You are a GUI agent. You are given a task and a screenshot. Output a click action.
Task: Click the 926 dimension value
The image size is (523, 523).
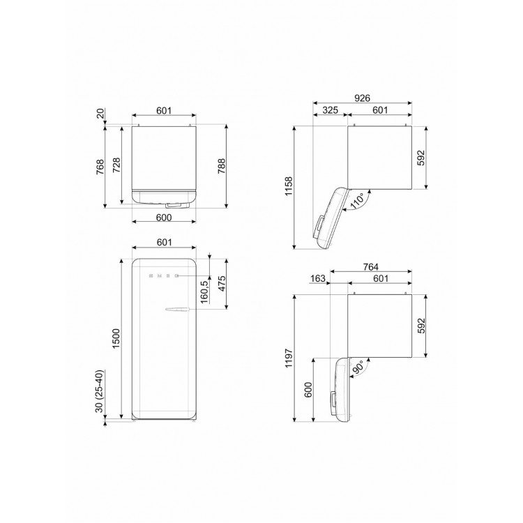tap(362, 98)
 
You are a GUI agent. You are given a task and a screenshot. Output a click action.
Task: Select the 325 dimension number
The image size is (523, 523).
tap(331, 109)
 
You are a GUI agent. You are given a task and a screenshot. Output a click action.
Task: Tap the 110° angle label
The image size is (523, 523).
tap(356, 201)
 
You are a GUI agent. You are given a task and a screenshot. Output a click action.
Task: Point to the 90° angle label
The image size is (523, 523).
tap(358, 368)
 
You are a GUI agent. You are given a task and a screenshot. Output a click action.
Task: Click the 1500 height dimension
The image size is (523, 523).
tap(116, 338)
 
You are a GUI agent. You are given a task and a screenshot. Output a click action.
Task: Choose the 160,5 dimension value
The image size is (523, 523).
tap(204, 291)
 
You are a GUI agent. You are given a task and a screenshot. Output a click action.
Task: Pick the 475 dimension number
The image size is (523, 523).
tap(222, 284)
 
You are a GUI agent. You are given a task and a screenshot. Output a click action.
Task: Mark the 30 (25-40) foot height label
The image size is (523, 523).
tap(100, 391)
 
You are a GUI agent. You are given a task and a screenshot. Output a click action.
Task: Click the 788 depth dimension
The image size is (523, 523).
tap(222, 166)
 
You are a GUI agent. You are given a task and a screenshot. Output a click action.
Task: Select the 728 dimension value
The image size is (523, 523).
tap(116, 165)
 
